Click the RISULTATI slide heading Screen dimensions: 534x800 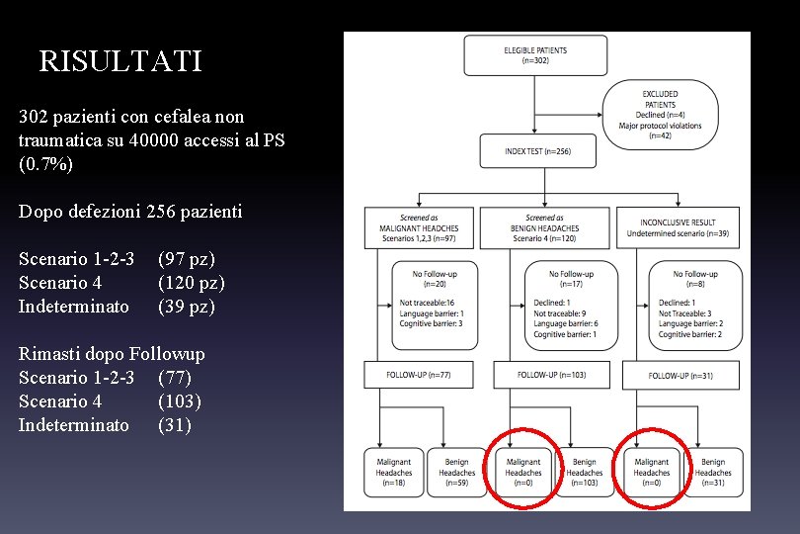[x=120, y=61]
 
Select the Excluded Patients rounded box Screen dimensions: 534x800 [x=660, y=115]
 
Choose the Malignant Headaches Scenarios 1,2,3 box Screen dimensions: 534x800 [x=412, y=227]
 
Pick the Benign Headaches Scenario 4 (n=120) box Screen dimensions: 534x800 [x=552, y=227]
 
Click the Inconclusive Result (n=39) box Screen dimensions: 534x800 [x=678, y=227]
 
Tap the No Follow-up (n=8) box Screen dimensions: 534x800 [x=691, y=305]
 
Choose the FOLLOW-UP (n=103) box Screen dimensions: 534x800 [x=552, y=375]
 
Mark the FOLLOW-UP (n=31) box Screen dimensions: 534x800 [x=680, y=376]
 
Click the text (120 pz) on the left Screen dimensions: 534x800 [x=192, y=283]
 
